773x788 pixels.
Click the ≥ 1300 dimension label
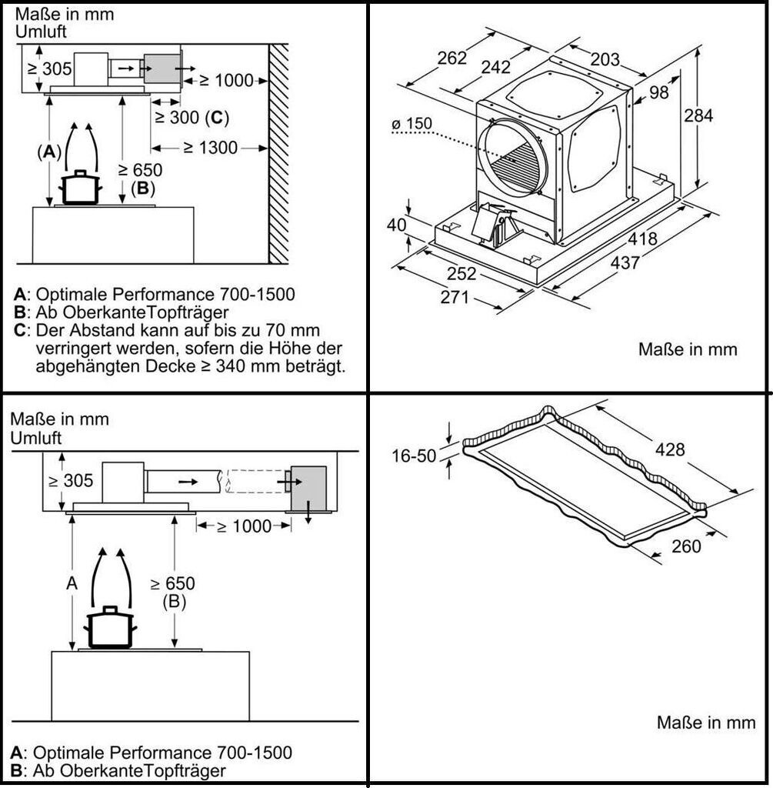211,147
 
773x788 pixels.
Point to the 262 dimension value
451,58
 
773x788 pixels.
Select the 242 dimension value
496,68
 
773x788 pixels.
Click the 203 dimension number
606,58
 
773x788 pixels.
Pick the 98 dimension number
659,92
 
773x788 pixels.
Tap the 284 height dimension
699,115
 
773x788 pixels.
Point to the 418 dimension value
642,239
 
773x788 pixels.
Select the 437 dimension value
625,262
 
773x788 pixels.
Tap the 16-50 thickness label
415,456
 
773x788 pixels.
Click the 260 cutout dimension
686,546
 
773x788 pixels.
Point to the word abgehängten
79,367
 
